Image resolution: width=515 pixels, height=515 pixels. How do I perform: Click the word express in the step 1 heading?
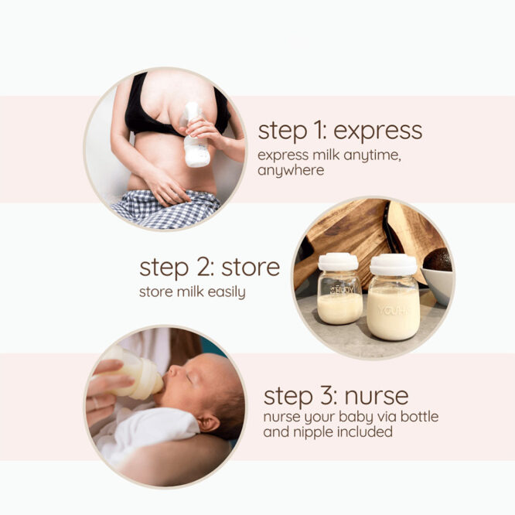(x=381, y=131)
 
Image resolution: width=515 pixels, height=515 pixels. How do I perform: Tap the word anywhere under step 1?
(x=291, y=170)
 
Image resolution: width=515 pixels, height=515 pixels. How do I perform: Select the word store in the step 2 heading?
(x=251, y=268)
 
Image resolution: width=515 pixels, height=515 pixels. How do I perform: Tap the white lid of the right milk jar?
(x=394, y=264)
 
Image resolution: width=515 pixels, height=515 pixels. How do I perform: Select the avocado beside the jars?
(x=438, y=261)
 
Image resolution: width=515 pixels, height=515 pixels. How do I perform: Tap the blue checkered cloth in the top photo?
(x=166, y=209)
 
